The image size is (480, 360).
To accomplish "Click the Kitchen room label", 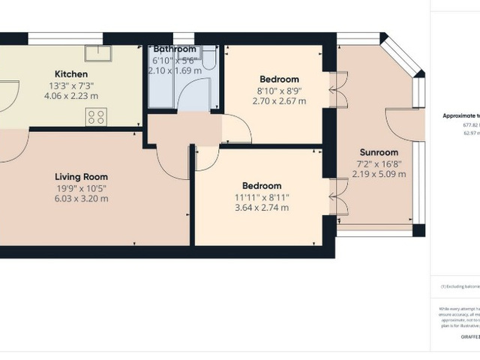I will coord(71,74).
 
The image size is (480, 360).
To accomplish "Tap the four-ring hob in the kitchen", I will coord(95,116).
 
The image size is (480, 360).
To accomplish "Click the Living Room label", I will coord(79,175).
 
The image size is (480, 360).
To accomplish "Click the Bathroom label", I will coord(175,49).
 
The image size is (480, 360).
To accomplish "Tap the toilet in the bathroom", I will coord(210,59).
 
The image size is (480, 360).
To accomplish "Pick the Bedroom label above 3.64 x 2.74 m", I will coord(262,185).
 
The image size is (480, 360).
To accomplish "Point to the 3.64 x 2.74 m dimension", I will coord(262,208).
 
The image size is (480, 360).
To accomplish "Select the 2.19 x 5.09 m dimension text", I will coord(379,174).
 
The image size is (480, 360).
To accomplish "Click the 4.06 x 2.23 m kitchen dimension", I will coord(71,97).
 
